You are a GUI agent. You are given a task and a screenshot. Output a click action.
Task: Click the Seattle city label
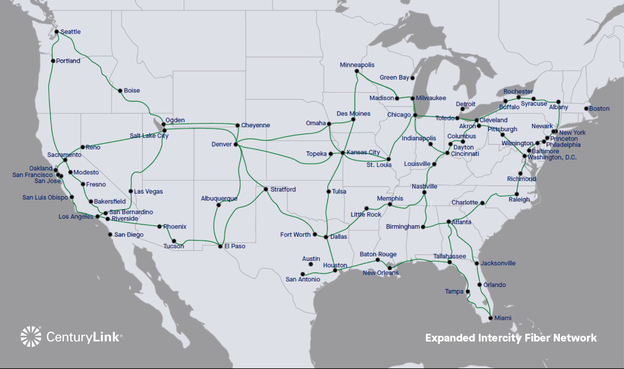click(71, 32)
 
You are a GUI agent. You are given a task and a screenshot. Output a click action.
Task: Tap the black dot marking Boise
click(120, 91)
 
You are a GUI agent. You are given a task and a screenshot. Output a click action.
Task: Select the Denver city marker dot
click(235, 144)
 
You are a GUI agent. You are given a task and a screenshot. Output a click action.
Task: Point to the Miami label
click(503, 318)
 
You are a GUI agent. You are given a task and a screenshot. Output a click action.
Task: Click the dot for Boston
click(586, 109)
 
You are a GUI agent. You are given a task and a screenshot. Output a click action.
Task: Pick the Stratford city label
click(283, 189)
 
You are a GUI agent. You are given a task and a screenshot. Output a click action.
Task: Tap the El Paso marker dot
click(220, 246)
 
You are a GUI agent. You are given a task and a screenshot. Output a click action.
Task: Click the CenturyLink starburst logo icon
click(31, 336)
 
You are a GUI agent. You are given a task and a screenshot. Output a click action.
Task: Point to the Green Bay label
click(394, 78)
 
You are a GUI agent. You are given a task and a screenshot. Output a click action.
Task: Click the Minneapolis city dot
click(357, 71)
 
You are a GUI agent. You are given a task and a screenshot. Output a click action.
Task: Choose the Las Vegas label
click(148, 192)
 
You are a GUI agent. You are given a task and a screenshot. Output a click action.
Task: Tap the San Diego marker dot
click(110, 234)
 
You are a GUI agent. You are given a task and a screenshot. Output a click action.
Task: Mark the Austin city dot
click(311, 264)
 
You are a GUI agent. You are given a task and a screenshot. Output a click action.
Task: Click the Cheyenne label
click(255, 125)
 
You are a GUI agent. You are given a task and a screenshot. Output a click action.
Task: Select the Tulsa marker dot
click(329, 192)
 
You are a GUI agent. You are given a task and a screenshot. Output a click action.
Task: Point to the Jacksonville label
click(498, 263)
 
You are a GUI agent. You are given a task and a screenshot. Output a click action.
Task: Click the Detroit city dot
click(463, 109)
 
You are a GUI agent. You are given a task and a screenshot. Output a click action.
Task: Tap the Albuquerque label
click(219, 198)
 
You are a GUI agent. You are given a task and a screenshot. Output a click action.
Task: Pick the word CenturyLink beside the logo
click(83, 337)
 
